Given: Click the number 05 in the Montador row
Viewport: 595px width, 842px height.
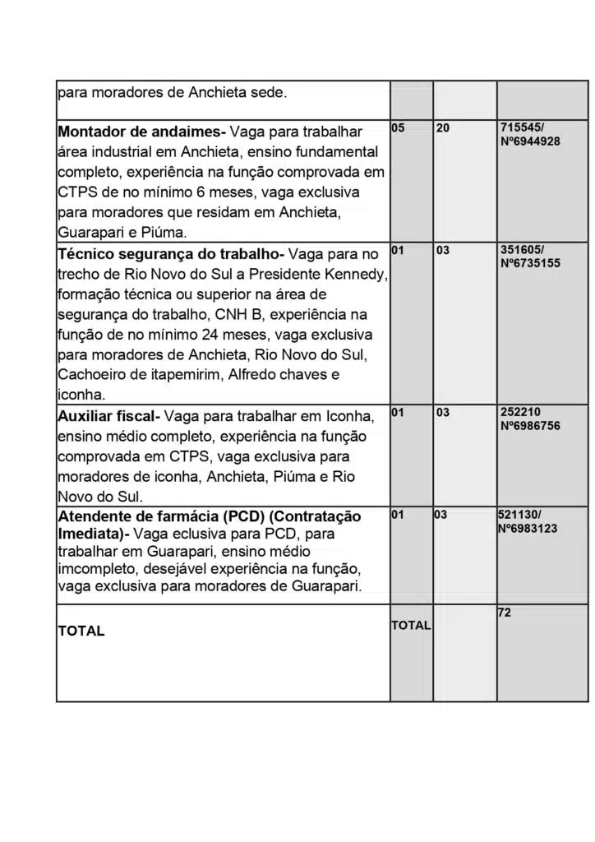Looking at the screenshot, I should [x=399, y=129].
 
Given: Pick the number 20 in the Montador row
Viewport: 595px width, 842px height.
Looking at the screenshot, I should [x=444, y=129].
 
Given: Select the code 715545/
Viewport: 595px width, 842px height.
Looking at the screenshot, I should [x=522, y=129].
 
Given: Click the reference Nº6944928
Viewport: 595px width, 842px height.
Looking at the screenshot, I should [x=530, y=141].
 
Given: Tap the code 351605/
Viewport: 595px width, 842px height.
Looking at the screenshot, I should [x=522, y=250].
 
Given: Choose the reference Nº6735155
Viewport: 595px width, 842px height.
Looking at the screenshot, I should [x=530, y=263].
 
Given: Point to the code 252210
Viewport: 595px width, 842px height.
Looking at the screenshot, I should [x=520, y=412].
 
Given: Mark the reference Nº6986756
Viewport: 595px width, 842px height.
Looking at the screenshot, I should [x=530, y=426].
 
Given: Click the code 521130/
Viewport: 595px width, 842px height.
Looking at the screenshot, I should [x=520, y=515].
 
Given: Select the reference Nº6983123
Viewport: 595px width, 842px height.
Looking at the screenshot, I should [x=528, y=528].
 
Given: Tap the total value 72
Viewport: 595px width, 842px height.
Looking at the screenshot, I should [x=505, y=612].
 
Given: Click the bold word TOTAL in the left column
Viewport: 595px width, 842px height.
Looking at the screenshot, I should [x=81, y=631].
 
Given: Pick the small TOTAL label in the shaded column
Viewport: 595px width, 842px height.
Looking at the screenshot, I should [x=411, y=625].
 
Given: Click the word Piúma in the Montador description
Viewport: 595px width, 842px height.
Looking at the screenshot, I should [x=163, y=233].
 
